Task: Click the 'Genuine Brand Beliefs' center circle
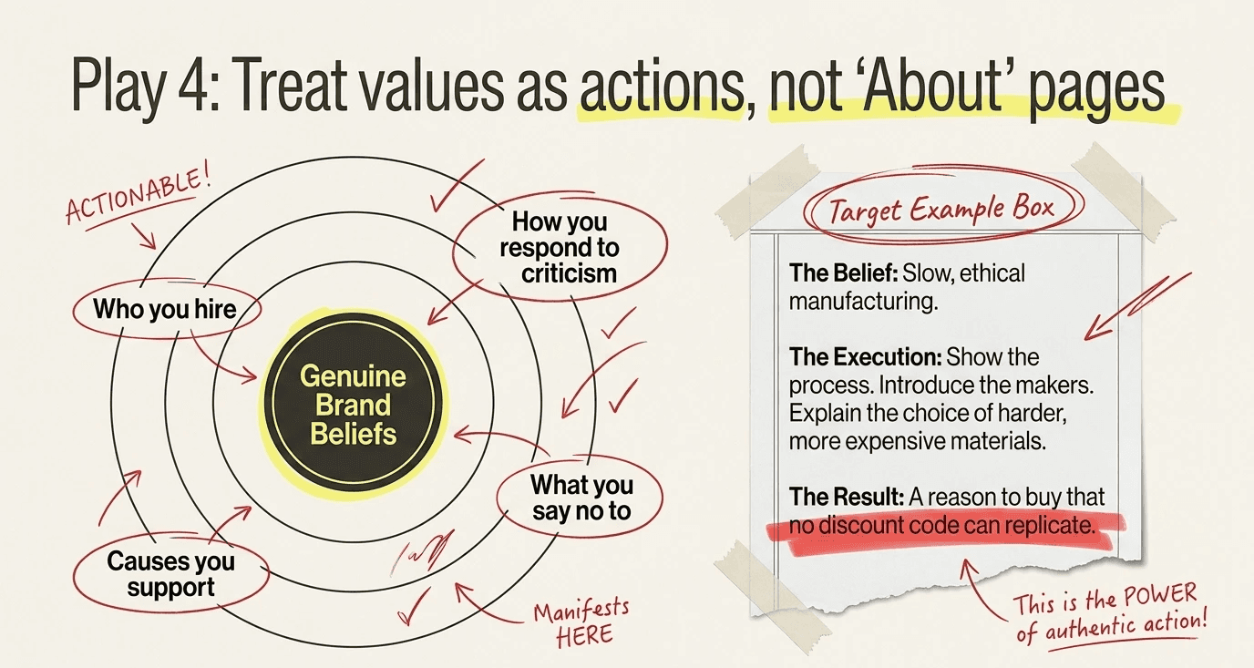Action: pos(354,404)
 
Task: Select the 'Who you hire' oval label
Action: pos(164,309)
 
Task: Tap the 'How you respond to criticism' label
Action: pos(560,247)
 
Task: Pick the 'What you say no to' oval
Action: pos(581,498)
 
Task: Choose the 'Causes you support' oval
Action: pos(170,574)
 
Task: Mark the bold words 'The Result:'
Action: pos(847,497)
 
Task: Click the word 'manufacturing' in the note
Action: pos(862,301)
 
